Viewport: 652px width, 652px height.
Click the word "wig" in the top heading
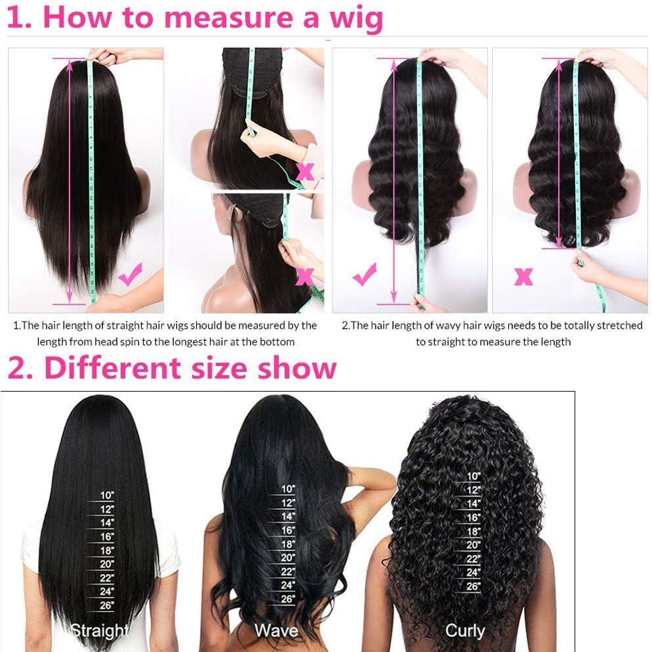click(356, 19)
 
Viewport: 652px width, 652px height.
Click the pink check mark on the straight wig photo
click(130, 274)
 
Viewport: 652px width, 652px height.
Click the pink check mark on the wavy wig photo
click(364, 274)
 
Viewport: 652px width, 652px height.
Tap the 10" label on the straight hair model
click(107, 495)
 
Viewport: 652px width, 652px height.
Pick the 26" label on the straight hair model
click(107, 605)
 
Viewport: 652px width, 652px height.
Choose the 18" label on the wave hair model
click(288, 544)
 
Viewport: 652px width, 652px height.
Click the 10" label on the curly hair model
click(473, 476)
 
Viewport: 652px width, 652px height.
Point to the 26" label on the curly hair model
click(473, 586)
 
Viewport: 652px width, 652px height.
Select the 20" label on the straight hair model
click(107, 564)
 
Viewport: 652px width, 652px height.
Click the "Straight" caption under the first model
click(100, 631)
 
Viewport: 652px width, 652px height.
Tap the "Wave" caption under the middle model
click(277, 630)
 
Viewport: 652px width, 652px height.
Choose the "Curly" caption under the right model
click(465, 631)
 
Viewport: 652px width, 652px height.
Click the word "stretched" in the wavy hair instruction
click(620, 325)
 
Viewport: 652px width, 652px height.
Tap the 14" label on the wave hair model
click(288, 516)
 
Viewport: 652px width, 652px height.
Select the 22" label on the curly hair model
click(473, 559)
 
